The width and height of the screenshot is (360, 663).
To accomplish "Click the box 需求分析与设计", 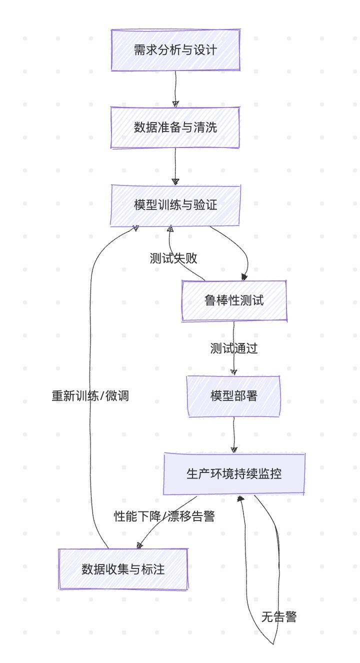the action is coord(175,50).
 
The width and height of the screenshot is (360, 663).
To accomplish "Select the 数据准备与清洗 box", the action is coord(175,127).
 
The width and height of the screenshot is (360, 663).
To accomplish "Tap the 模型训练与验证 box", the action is coord(175,205).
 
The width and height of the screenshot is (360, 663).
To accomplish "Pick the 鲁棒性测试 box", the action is coord(234,300).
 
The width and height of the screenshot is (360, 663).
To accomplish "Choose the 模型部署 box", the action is coord(234,396).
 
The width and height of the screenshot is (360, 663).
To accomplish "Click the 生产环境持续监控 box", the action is coord(234,474).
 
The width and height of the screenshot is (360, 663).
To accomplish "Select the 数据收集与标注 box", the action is coord(123,569).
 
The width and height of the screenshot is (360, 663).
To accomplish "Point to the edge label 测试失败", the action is coord(173,258).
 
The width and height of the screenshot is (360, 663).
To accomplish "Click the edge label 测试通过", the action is coord(234,348).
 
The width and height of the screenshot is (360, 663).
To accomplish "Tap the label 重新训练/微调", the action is coord(90,396).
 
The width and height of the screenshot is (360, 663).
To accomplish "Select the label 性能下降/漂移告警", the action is coord(164,516).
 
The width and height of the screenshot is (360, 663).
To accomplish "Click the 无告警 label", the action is coord(279,617).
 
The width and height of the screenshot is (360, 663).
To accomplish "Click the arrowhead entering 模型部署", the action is coord(234,372).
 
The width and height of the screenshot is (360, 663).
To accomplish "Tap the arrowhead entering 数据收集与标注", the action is coord(139,545).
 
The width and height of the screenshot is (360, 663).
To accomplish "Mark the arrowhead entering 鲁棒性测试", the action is coord(244,277).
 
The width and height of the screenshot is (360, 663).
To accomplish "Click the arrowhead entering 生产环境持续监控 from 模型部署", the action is coord(234,449).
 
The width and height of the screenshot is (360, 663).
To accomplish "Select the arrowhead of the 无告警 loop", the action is coord(240,498).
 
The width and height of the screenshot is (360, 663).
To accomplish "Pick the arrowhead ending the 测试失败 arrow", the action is coord(170,229).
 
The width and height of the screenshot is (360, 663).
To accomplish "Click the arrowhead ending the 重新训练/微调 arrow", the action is coord(136,228).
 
